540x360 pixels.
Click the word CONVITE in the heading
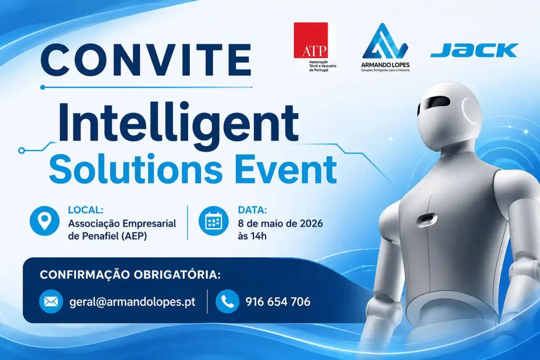(146, 59)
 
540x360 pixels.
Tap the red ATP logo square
(311, 40)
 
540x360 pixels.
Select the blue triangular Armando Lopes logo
(385, 41)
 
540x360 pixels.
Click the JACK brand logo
(474, 50)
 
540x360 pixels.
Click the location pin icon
(45, 220)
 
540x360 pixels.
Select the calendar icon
(213, 220)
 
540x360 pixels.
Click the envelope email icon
(51, 301)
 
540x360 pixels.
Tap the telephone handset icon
(227, 301)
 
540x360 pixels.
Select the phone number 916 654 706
(278, 301)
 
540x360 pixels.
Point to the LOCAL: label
(86, 210)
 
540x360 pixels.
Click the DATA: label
(252, 210)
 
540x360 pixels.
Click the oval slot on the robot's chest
(427, 219)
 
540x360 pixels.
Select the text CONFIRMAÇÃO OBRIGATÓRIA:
(130, 275)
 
